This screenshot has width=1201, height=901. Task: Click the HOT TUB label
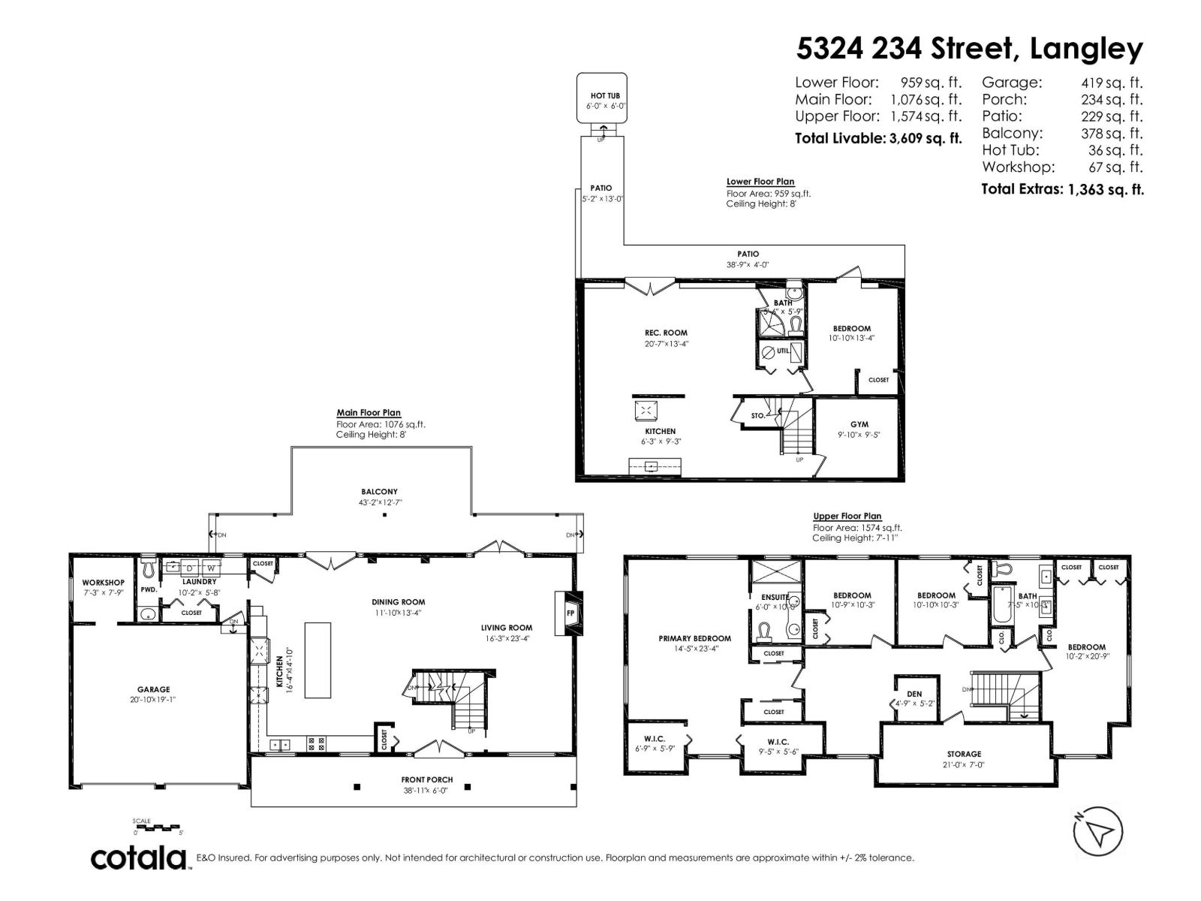tap(605, 96)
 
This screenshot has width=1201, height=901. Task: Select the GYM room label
tap(859, 424)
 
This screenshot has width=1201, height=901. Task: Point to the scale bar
tap(158, 827)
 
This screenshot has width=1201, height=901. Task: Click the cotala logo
tap(139, 857)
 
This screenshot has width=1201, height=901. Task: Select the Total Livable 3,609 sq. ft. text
tap(877, 138)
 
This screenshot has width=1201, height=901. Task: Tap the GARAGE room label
tap(153, 689)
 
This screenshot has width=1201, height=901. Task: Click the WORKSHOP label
tap(103, 583)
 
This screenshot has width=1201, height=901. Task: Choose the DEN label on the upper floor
tap(914, 694)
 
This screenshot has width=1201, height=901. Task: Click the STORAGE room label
tap(964, 754)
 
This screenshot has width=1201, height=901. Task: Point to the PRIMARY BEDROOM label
tap(694, 638)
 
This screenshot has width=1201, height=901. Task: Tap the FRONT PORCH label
tap(427, 779)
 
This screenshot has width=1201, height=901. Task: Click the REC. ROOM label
tap(666, 333)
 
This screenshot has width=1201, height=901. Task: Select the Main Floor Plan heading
tap(369, 412)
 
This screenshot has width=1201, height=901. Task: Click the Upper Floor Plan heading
tap(847, 516)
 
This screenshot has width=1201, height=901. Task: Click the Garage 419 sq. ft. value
tap(1111, 83)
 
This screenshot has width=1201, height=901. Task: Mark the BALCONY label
tap(379, 492)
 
